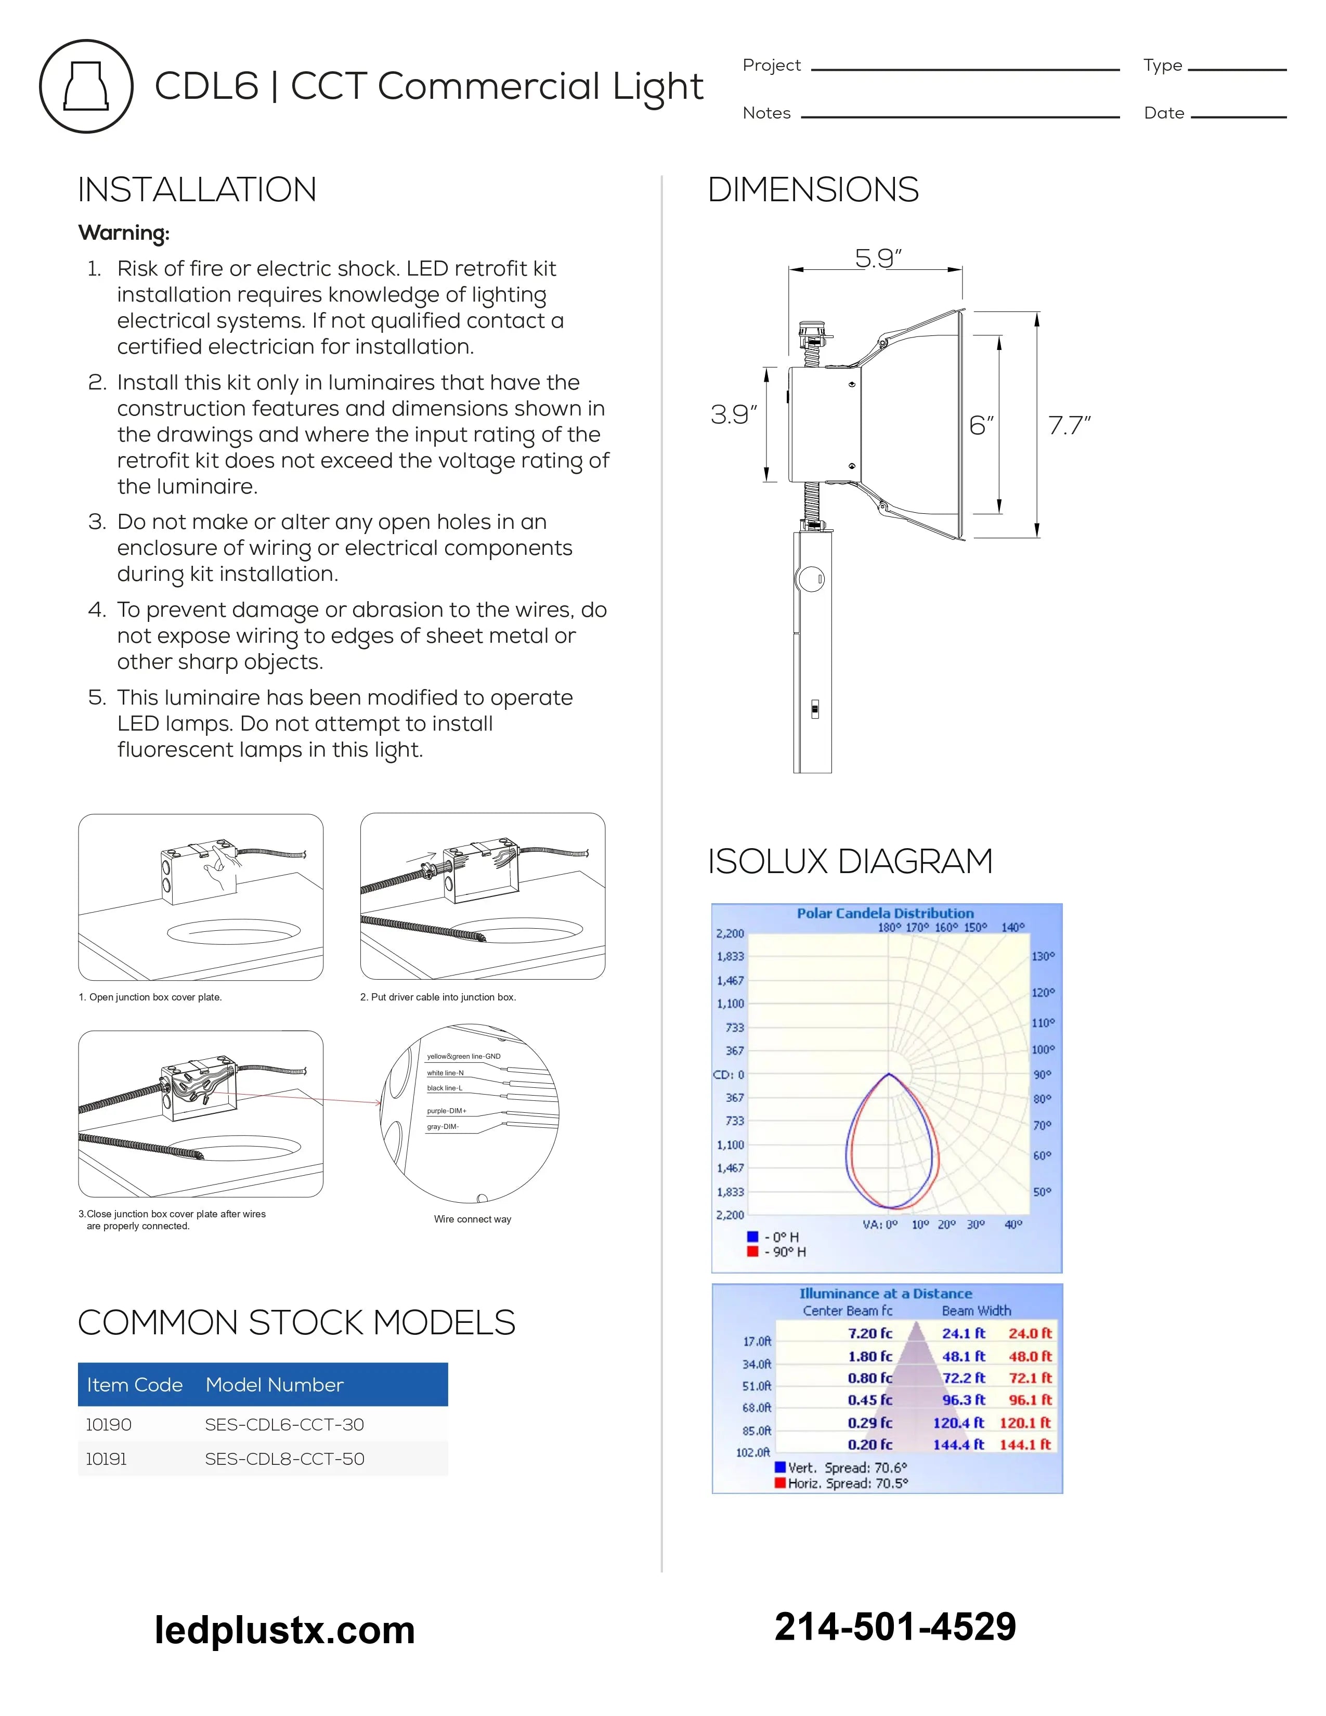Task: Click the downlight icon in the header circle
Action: point(86,86)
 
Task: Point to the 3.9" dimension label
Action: point(733,415)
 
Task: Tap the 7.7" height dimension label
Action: point(1069,425)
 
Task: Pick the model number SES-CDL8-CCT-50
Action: point(284,1459)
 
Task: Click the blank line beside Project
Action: point(965,69)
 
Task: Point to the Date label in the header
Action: point(1163,113)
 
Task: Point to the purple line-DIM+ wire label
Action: point(446,1111)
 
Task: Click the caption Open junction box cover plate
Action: point(150,997)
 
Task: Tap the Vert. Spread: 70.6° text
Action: point(847,1468)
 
